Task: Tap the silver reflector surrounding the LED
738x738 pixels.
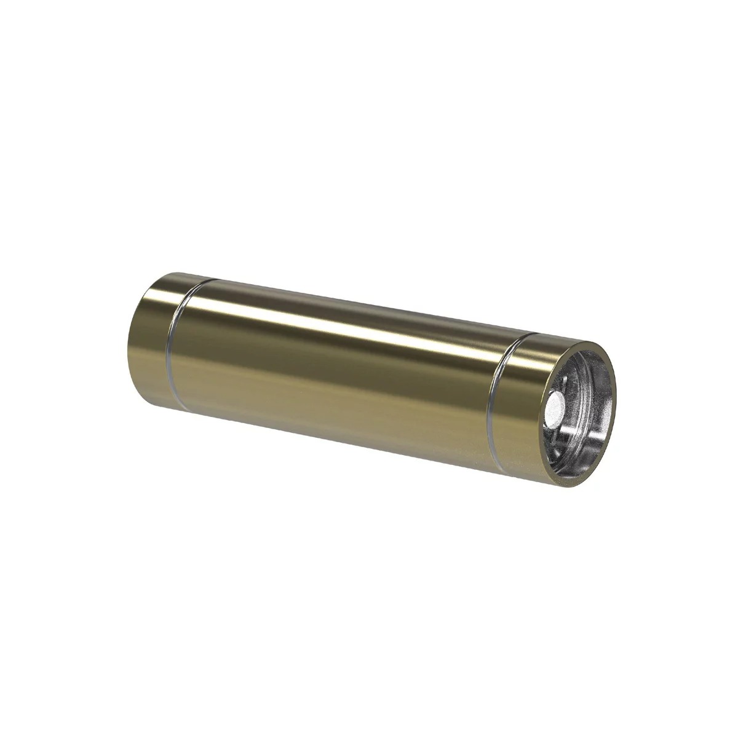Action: pyautogui.click(x=584, y=424)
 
